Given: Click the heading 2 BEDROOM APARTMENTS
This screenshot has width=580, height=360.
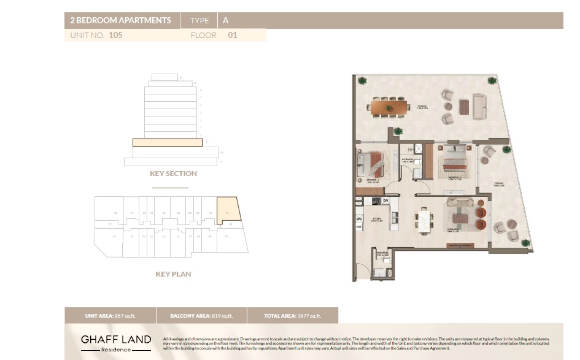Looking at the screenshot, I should (120, 20).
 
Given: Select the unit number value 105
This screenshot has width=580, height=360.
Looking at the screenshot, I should (115, 36).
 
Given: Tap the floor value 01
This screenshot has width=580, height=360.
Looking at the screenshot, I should (232, 36).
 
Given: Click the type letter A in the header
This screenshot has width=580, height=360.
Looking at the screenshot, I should (225, 20).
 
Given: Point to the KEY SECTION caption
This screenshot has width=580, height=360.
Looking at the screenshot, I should (173, 174).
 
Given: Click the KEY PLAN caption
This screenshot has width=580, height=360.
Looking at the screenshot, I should (173, 274).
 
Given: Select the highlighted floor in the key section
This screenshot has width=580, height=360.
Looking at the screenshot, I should (168, 142).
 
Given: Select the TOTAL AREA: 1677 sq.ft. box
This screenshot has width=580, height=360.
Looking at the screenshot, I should (292, 316).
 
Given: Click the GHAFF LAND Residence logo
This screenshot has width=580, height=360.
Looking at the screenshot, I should (116, 342).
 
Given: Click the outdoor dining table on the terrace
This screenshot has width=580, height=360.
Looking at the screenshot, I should (390, 108).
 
